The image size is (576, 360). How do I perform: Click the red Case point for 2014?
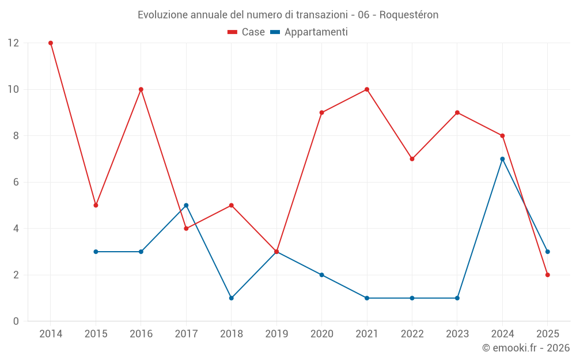(x=51, y=43)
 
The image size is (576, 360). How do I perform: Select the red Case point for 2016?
(x=141, y=89)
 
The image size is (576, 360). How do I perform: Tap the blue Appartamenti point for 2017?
(x=186, y=205)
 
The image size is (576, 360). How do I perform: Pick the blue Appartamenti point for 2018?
(x=231, y=298)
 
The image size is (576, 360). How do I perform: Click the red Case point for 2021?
(x=367, y=89)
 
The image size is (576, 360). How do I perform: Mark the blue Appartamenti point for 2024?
(x=502, y=159)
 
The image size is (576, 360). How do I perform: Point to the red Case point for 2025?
(x=547, y=275)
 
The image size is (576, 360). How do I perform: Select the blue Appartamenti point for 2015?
(x=96, y=252)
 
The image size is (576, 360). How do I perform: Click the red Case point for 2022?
(x=412, y=159)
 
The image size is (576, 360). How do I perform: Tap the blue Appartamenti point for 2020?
(x=321, y=275)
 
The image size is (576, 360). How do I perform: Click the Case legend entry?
(x=247, y=32)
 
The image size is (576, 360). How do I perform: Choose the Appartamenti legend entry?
(x=309, y=32)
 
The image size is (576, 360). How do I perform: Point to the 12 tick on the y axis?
(x=13, y=43)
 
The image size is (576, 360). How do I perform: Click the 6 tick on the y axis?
(x=16, y=182)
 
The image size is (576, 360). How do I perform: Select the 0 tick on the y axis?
(x=16, y=321)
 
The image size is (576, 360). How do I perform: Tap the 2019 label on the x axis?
(x=276, y=334)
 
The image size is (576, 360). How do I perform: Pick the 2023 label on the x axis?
(x=457, y=334)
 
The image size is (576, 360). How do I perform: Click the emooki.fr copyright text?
(x=526, y=348)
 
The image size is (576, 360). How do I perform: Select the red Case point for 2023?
(x=457, y=112)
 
